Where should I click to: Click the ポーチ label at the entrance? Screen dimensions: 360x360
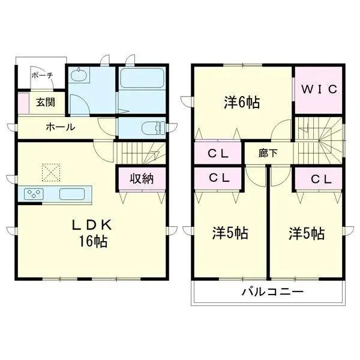click(x=42, y=75)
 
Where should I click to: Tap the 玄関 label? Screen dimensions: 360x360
click(x=46, y=102)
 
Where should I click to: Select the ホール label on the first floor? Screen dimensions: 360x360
click(x=61, y=127)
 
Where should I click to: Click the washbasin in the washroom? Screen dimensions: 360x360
click(x=79, y=75)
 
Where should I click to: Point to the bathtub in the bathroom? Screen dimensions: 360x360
click(x=142, y=77)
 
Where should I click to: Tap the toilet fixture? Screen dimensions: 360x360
click(x=153, y=128)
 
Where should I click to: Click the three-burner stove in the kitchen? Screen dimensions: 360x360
click(x=34, y=194)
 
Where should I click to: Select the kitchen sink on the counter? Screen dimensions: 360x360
click(x=72, y=194)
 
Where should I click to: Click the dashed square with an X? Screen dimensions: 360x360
click(x=51, y=172)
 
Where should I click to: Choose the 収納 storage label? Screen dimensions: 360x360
click(x=142, y=178)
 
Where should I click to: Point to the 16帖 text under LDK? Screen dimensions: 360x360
click(x=93, y=241)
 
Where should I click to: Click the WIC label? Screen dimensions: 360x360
click(x=319, y=89)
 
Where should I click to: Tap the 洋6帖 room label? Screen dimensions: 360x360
click(x=242, y=103)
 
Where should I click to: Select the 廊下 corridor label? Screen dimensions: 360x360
click(x=268, y=153)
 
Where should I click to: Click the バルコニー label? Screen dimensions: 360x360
click(x=273, y=292)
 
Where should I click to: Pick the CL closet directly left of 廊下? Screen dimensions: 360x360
click(x=218, y=153)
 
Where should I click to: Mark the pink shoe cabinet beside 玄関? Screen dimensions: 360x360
click(x=23, y=103)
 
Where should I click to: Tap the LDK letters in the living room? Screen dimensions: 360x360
click(x=92, y=225)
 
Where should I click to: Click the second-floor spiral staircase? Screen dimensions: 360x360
click(x=319, y=140)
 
